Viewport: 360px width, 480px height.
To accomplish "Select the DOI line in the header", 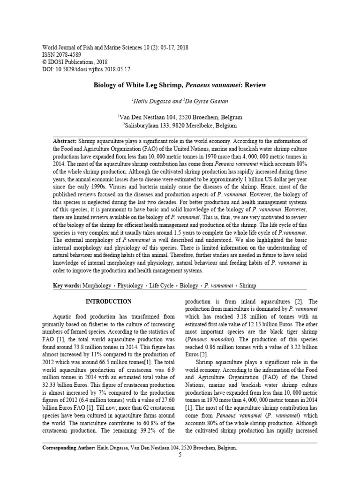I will pos(86,69).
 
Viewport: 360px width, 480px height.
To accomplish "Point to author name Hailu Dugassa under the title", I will pos(151,101).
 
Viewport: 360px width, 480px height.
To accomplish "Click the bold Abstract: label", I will pos(65,141).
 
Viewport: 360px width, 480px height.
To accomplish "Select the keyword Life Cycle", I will pos(161,285).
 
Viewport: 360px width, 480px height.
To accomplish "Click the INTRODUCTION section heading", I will pos(109,301).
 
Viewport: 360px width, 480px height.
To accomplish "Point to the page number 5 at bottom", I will pos(180,455).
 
